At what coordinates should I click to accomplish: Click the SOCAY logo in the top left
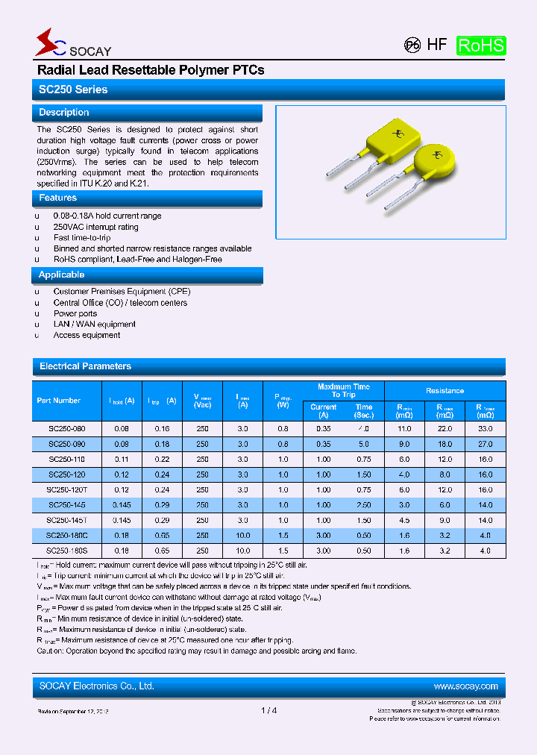pyautogui.click(x=72, y=46)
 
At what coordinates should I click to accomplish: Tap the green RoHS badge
pyautogui.click(x=480, y=46)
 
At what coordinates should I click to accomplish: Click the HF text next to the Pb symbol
pyautogui.click(x=437, y=45)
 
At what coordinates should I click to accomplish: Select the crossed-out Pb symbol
pyautogui.click(x=412, y=45)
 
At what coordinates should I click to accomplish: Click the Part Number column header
pyautogui.click(x=59, y=401)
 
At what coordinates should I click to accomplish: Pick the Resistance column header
pyautogui.click(x=445, y=391)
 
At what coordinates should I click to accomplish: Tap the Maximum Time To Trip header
pyautogui.click(x=343, y=391)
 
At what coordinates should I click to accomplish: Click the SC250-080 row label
pyautogui.click(x=66, y=429)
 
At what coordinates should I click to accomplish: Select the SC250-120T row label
pyautogui.click(x=66, y=490)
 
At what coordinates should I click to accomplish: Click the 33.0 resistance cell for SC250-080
pyautogui.click(x=485, y=429)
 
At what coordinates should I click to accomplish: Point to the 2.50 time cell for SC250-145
pyautogui.click(x=364, y=505)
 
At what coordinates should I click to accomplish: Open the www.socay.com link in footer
pyautogui.click(x=465, y=686)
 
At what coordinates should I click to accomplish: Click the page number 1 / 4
pyautogui.click(x=269, y=710)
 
